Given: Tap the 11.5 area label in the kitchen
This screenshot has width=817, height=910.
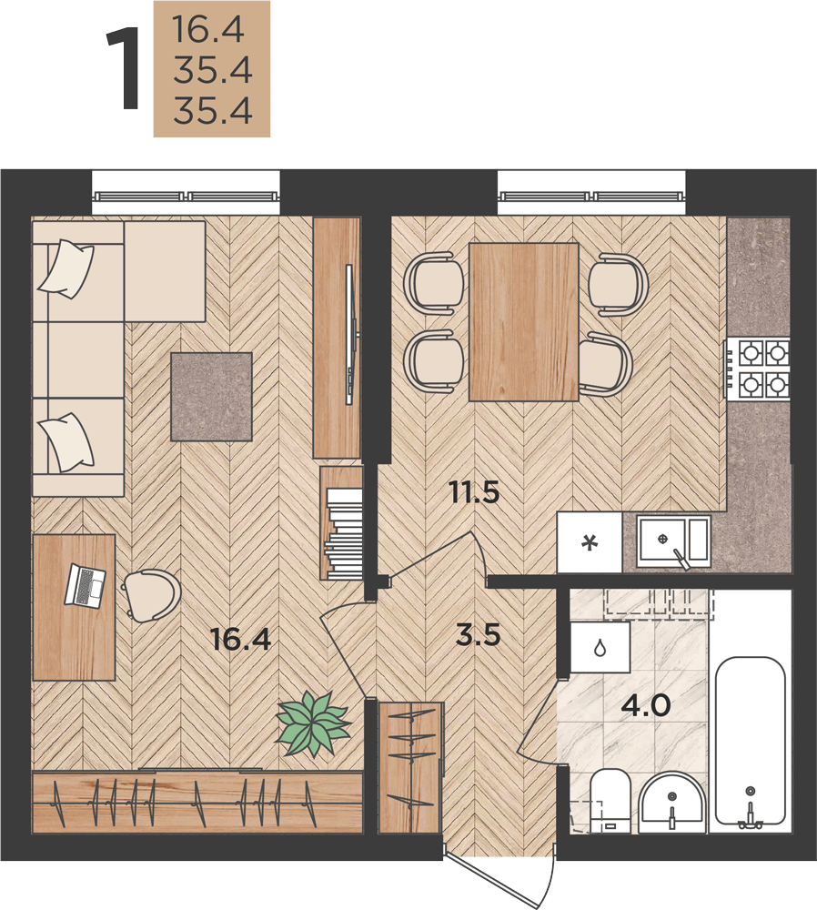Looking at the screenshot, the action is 475,493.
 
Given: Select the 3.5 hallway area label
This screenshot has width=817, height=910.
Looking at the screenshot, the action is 479,635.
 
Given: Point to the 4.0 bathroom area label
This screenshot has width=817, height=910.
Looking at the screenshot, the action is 646,706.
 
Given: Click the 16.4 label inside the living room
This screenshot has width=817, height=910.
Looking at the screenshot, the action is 241,640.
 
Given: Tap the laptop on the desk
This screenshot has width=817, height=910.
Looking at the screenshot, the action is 86,585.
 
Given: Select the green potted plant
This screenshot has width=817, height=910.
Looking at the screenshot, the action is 313,724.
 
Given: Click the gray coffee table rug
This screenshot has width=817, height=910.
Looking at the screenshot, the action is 211,397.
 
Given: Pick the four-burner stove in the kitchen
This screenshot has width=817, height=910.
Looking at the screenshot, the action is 758,369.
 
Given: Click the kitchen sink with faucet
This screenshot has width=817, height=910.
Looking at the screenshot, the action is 673,541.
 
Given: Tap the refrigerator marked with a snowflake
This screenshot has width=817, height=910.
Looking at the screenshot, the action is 590,542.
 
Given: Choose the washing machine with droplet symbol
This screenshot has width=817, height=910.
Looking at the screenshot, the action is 600,648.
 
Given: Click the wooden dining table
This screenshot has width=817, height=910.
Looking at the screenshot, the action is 523,322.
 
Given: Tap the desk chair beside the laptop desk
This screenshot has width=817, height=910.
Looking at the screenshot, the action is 152,595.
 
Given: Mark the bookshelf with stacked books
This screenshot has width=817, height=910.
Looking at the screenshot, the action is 342,523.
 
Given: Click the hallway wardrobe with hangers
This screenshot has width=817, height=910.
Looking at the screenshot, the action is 410,768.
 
